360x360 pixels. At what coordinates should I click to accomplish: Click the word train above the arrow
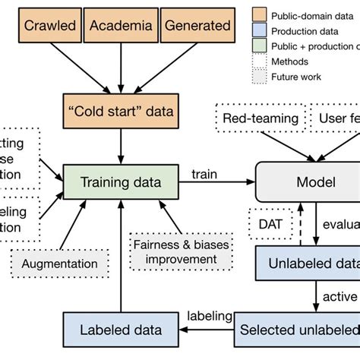pos(204,174)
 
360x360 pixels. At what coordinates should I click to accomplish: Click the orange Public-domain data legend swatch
pos(262,13)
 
